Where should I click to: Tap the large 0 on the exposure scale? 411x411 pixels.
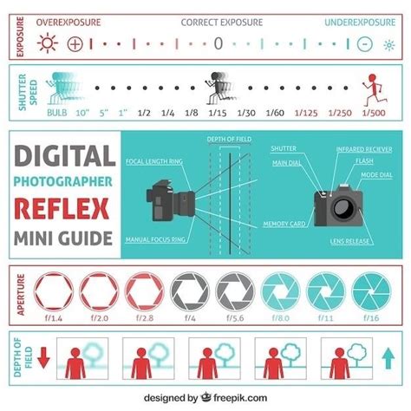(219, 42)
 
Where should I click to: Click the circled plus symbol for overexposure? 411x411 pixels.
(75, 42)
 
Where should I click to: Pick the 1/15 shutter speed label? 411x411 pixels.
(219, 114)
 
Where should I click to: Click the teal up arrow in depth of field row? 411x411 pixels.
(387, 356)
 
